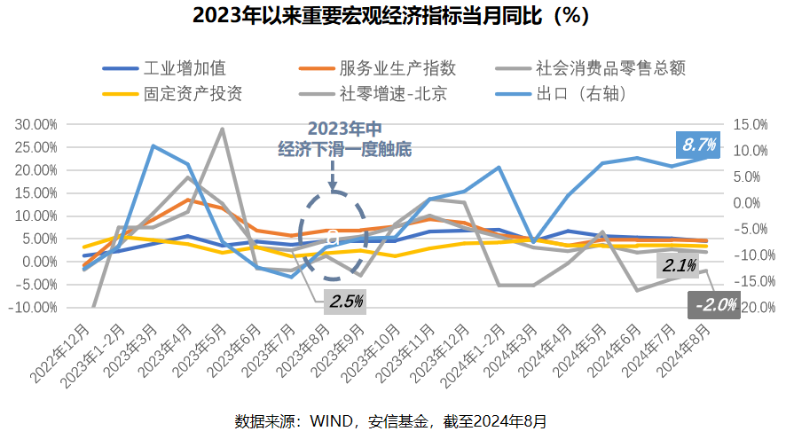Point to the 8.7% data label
(x=699, y=144)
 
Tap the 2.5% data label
(x=346, y=301)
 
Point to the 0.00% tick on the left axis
(x=40, y=262)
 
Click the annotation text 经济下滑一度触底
(x=344, y=149)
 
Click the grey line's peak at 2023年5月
(x=222, y=129)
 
